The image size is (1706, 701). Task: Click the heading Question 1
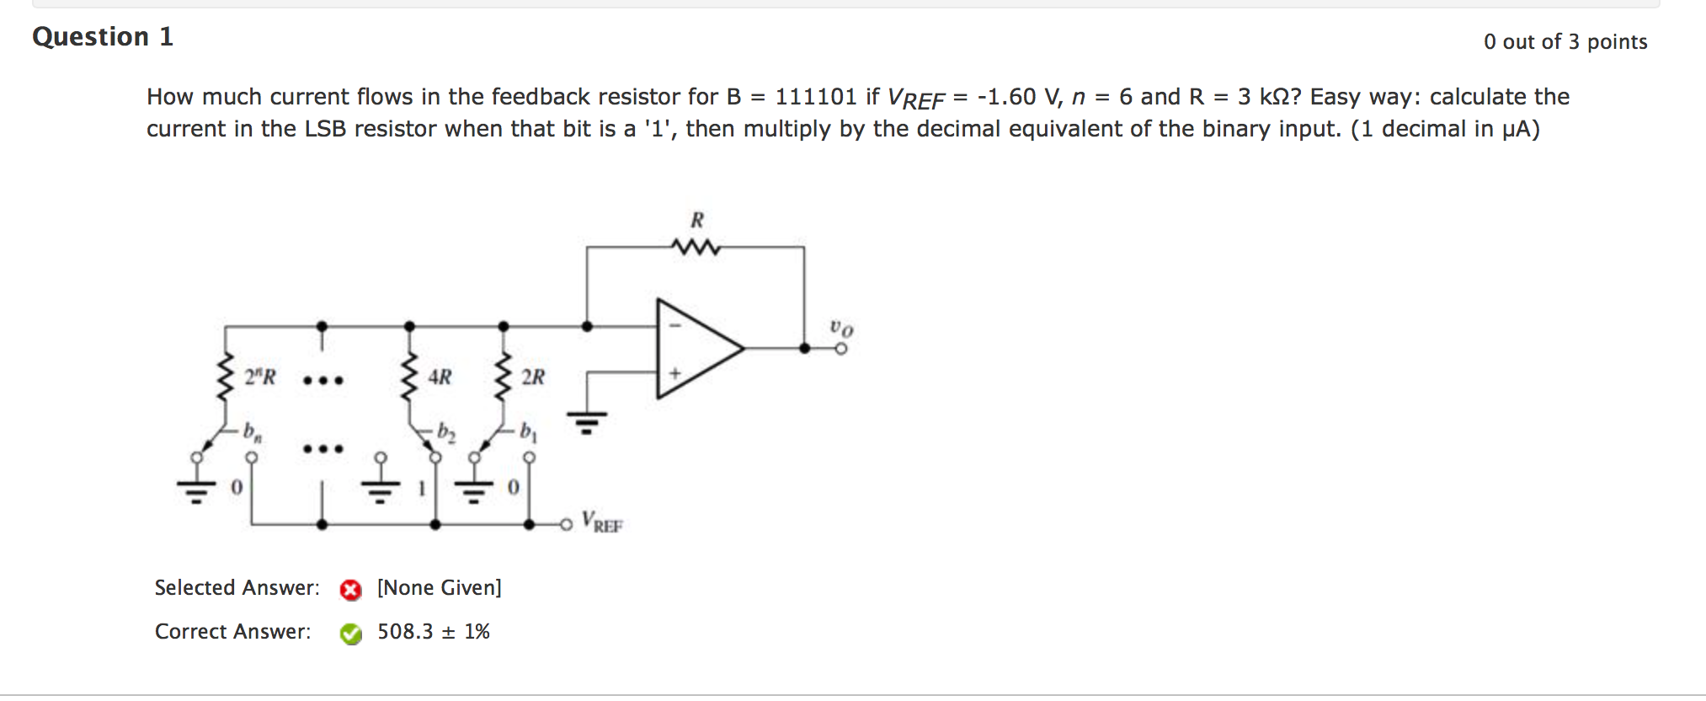(103, 37)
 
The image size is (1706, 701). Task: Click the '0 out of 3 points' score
(1565, 42)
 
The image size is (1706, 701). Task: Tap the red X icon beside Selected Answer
(350, 590)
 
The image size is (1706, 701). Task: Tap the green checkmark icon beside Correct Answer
(350, 634)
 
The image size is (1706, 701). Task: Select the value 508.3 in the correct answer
(405, 632)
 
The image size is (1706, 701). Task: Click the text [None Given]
(439, 588)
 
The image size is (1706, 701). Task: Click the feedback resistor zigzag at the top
(696, 247)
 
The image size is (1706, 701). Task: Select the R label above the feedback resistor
(696, 221)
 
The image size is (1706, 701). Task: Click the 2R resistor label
(533, 377)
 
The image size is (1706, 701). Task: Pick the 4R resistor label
(440, 377)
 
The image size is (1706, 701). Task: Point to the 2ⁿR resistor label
(259, 377)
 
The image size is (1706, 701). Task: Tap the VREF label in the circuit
(601, 522)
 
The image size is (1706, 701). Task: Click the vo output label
(841, 327)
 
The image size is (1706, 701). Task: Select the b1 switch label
(528, 432)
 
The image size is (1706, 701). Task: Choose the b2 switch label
(446, 432)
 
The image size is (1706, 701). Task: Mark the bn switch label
(253, 432)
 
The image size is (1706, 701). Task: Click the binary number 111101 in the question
(815, 97)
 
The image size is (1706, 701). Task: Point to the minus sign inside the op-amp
(674, 325)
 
